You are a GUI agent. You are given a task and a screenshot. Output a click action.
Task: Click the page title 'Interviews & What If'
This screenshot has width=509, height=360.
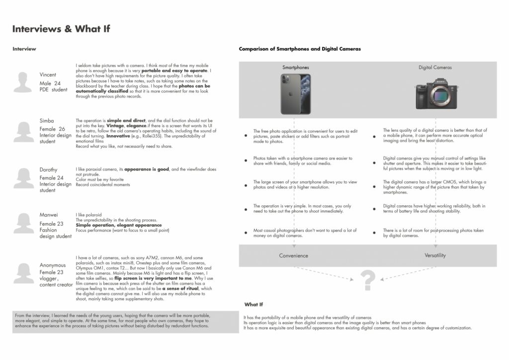tap(61, 29)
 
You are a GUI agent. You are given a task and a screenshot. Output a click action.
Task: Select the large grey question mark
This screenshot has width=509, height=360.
tap(367, 280)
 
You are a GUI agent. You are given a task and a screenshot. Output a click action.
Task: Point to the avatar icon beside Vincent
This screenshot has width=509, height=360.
tap(23, 82)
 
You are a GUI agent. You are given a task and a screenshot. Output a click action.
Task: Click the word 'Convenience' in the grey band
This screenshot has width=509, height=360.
tap(294, 256)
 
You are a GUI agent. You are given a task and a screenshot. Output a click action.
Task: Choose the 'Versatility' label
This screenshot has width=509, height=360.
tap(435, 256)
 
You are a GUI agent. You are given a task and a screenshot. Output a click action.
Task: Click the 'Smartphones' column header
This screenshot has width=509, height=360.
tap(295, 68)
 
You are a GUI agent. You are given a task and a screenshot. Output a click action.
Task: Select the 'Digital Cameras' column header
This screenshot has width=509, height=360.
tap(435, 68)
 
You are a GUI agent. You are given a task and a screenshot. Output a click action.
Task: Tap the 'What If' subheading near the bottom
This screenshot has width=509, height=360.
tap(254, 304)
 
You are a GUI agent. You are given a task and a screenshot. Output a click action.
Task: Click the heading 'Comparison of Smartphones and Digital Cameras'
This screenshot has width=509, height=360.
tap(300, 49)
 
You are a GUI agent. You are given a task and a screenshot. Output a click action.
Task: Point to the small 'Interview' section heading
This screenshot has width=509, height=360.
tap(24, 49)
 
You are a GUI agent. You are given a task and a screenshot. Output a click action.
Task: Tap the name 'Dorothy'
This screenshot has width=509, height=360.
tap(48, 170)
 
